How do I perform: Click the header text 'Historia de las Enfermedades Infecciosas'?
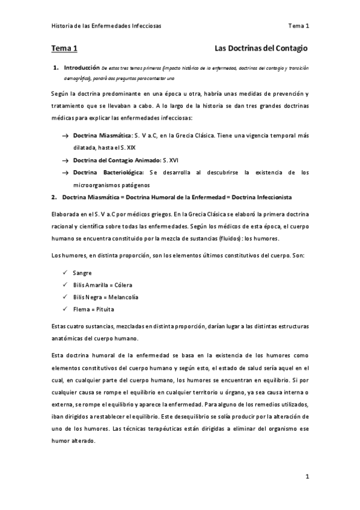[x=105, y=26]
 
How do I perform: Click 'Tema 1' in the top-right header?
[x=299, y=26]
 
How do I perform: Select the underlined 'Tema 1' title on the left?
[x=64, y=48]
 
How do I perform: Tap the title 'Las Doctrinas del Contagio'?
[x=261, y=48]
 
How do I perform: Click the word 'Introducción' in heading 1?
[x=81, y=68]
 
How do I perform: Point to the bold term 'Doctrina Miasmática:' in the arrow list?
[x=99, y=137]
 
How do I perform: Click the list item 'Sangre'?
[x=82, y=273]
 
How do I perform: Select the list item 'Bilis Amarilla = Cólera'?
[x=102, y=285]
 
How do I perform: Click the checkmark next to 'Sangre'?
[x=65, y=273]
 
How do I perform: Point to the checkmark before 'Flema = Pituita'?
[x=65, y=309]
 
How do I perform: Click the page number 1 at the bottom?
[x=307, y=477]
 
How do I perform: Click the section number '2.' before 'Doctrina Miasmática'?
[x=54, y=197]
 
